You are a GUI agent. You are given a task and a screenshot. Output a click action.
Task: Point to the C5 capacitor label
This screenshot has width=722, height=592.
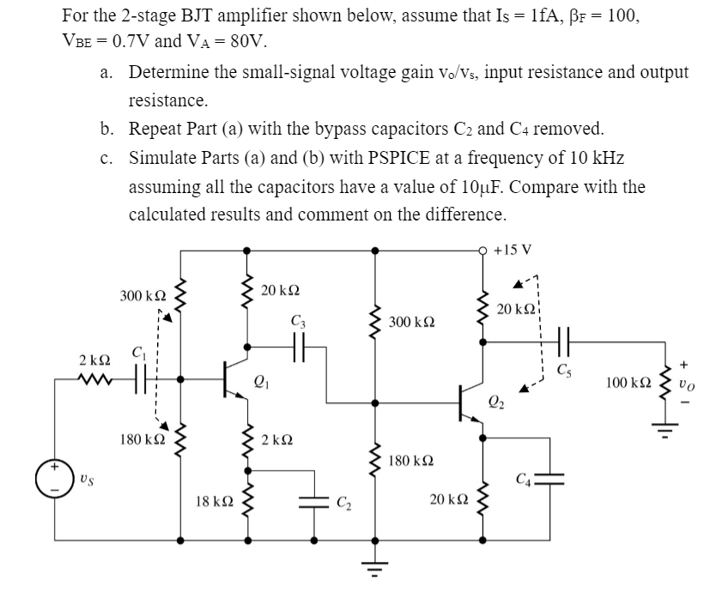pos(563,370)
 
